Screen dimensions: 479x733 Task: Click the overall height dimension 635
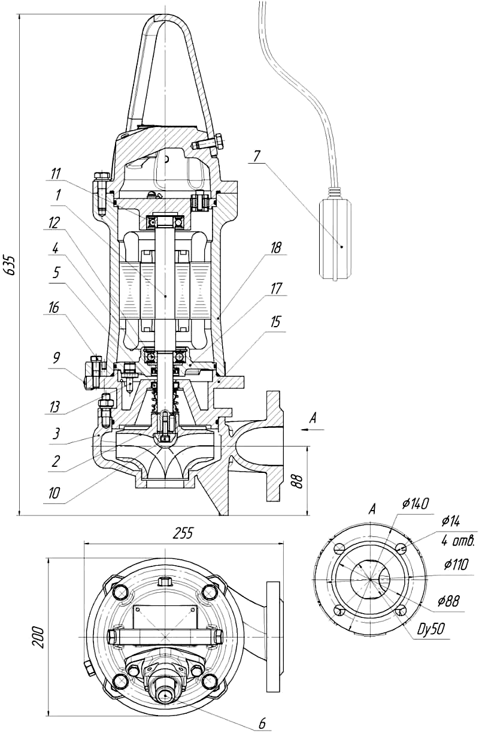click(10, 264)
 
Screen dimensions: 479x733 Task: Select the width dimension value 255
click(183, 533)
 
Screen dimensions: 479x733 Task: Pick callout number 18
click(275, 248)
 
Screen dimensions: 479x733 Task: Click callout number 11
click(56, 173)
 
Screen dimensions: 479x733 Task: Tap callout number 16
click(54, 308)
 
